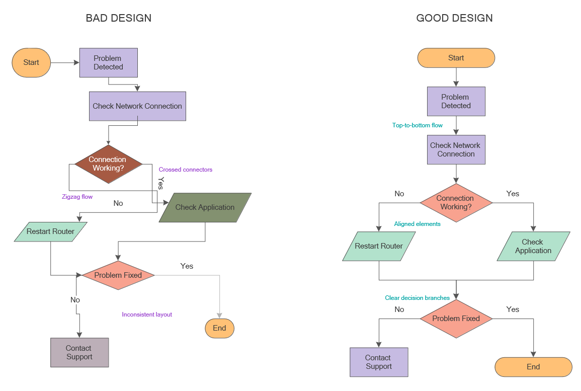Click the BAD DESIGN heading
tap(119, 18)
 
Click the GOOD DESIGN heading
tap(454, 18)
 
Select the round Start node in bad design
tap(31, 62)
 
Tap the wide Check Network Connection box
tap(137, 106)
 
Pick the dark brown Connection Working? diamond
tap(108, 164)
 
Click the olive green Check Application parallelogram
tap(205, 207)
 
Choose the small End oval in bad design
tap(219, 328)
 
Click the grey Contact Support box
tap(79, 352)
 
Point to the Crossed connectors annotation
tap(186, 170)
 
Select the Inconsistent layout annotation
tap(147, 315)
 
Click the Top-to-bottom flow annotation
tap(418, 125)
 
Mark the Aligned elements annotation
tap(417, 224)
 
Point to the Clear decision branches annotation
tap(417, 298)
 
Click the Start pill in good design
tap(456, 58)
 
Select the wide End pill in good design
tap(533, 367)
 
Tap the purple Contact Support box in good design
tap(379, 362)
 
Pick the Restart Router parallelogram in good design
tap(379, 246)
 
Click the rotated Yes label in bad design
tap(161, 183)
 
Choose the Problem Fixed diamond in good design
tap(456, 319)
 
